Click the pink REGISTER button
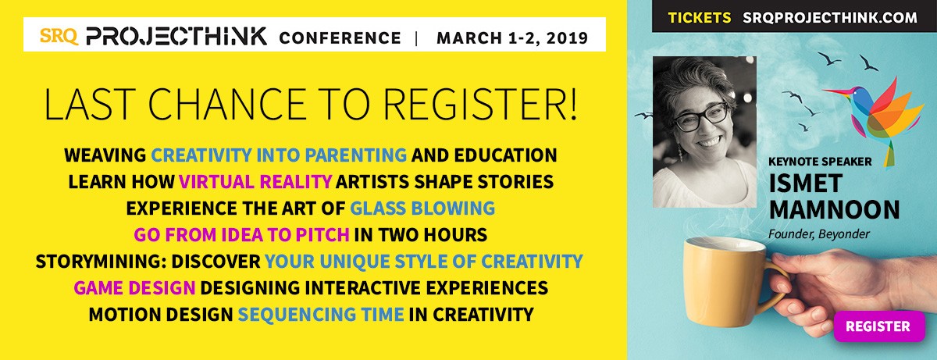(879, 326)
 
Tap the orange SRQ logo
(59, 36)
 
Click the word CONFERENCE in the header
(340, 38)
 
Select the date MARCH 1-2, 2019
(512, 38)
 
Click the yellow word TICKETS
(700, 17)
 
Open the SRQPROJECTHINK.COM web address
(830, 17)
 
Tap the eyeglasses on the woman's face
(701, 117)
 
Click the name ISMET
(805, 184)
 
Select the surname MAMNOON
(834, 209)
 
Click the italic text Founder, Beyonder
(818, 234)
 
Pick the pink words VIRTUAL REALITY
(255, 182)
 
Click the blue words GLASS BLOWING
(422, 209)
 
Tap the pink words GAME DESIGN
(134, 287)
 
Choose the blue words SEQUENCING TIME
(321, 315)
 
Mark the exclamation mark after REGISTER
(573, 104)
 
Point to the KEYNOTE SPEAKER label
(820, 162)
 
